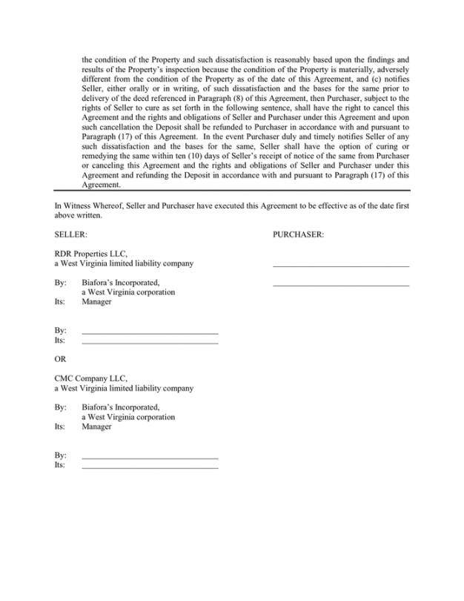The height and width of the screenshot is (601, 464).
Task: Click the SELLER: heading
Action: point(71,234)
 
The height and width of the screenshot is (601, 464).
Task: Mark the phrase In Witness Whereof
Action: point(86,206)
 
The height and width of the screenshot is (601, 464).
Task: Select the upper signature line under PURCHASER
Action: point(340,266)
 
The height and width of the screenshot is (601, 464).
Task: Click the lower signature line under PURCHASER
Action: point(340,285)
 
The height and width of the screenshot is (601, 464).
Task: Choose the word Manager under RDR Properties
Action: point(97,302)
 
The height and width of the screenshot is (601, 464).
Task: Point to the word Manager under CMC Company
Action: point(97,427)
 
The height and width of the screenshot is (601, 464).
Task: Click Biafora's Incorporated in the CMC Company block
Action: point(121,407)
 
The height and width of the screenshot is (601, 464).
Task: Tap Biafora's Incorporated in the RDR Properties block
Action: point(121,283)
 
